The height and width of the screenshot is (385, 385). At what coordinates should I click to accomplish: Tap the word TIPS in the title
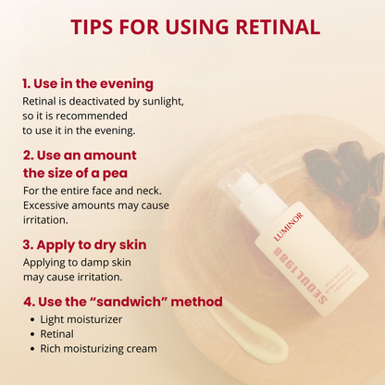point(102,28)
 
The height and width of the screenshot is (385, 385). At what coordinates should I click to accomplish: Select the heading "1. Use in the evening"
point(87,83)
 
